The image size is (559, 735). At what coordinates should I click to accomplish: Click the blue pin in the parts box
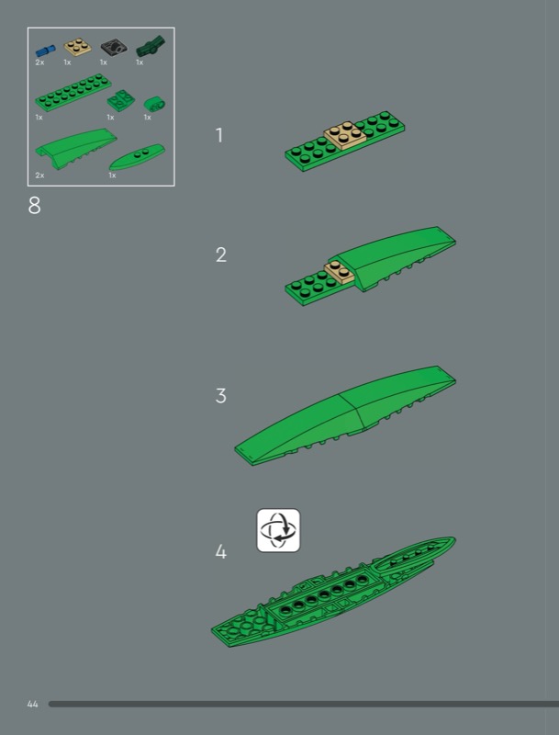coord(45,51)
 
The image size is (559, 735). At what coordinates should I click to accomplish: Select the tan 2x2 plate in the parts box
coord(78,48)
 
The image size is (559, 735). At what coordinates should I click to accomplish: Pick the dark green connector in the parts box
coord(151,47)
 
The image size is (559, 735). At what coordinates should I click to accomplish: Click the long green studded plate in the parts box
coord(73,92)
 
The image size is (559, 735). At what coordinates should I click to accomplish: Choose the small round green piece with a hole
coord(154,103)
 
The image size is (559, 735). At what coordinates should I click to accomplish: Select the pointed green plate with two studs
coord(137,157)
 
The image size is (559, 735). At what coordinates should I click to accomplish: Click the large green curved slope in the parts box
coord(76,148)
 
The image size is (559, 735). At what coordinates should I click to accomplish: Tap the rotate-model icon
coord(278,530)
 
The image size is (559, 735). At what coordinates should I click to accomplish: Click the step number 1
coord(219,135)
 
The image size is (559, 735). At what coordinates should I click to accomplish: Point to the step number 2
coord(221,254)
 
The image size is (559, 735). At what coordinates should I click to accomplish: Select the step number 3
coord(221,396)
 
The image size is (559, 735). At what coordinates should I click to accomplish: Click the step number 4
coord(221,552)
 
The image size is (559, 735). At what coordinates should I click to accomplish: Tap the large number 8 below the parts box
coord(35,205)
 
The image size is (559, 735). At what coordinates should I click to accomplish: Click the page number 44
coord(33,704)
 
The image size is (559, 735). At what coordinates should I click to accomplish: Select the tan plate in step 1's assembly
coord(345,135)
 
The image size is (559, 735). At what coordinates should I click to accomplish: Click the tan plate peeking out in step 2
coord(339,273)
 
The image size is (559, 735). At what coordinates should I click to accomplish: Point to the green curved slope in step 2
coord(391,257)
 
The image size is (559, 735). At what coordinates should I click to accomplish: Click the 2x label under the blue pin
coord(39,62)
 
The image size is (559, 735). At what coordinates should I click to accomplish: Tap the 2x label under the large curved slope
coord(39,175)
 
